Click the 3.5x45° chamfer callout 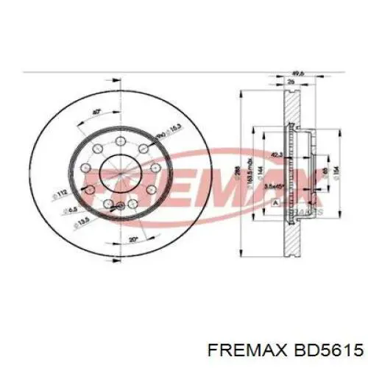[276, 188]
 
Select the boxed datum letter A [276, 202]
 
